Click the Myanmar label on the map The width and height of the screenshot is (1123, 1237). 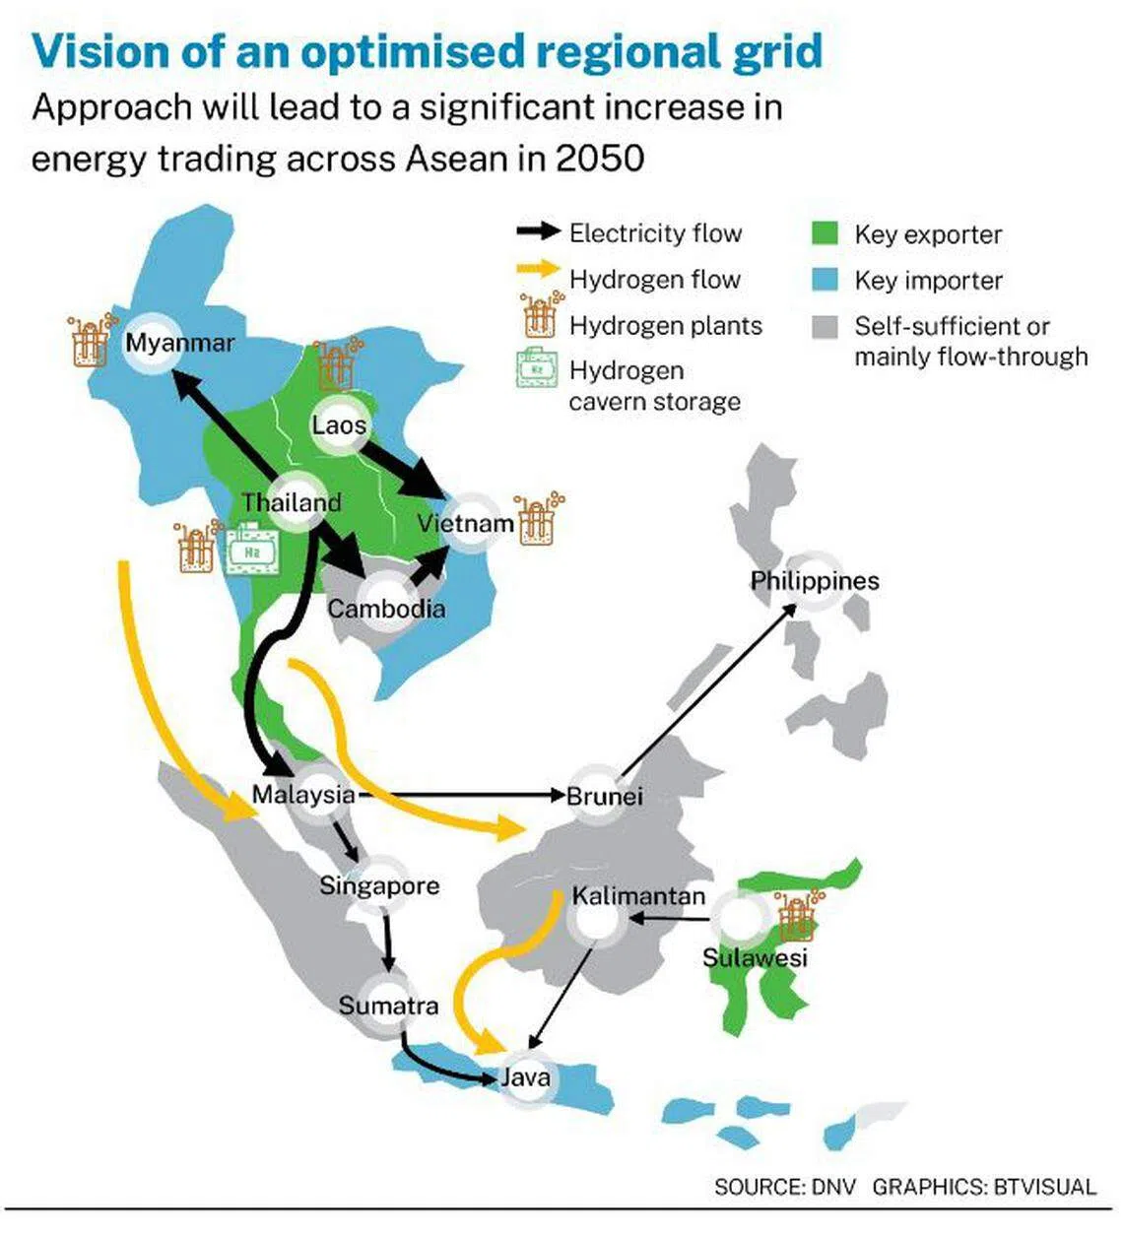[179, 343]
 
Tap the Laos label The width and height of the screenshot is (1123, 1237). [339, 424]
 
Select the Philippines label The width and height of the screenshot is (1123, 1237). [815, 581]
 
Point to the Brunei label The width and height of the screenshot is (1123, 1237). [605, 796]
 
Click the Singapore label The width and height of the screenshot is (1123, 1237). [379, 886]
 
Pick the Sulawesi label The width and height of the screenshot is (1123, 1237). [755, 957]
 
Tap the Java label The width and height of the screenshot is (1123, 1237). [524, 1077]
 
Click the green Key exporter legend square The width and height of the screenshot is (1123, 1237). [825, 233]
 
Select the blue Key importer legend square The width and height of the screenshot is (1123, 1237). [825, 280]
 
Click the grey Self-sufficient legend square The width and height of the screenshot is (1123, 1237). [825, 326]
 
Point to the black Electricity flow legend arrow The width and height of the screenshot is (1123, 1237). [538, 231]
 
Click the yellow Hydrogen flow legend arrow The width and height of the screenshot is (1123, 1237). [538, 269]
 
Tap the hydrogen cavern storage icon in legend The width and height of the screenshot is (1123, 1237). [537, 368]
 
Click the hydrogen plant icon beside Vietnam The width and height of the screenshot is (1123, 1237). [539, 519]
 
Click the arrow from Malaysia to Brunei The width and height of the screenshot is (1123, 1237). [462, 795]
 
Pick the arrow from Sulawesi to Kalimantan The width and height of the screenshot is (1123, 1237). [669, 919]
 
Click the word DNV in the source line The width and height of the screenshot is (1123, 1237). [833, 1187]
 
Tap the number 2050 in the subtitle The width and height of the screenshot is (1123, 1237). [600, 159]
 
